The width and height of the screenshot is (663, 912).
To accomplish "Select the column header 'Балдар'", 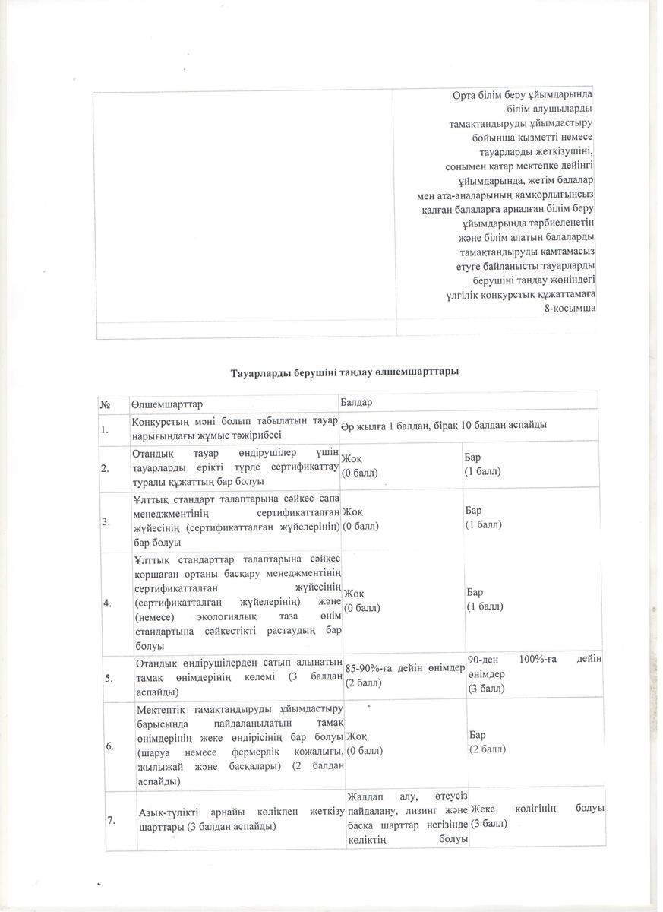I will click(x=357, y=401).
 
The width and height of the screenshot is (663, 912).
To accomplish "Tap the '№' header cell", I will click(x=106, y=401).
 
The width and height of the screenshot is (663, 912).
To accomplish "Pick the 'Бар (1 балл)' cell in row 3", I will click(x=483, y=518).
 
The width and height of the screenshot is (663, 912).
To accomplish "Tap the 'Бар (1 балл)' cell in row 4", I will click(x=485, y=599).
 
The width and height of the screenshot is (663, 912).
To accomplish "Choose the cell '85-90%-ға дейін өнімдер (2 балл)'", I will click(x=405, y=675).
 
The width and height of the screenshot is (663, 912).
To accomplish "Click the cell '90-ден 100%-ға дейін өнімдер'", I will click(x=535, y=673).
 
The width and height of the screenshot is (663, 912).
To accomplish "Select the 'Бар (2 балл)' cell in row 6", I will click(x=487, y=742).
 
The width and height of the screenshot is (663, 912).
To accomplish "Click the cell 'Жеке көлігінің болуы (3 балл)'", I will click(x=537, y=815).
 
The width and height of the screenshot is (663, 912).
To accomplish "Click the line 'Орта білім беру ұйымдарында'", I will click(x=522, y=94).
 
